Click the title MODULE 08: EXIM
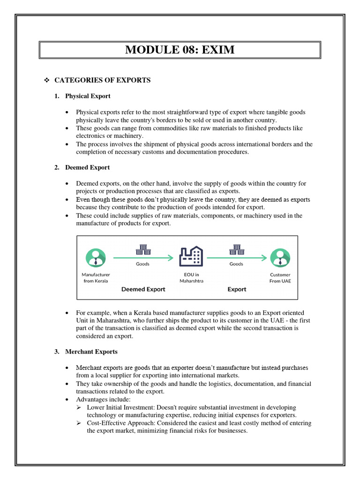click(x=180, y=49)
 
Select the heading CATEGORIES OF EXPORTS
click(x=102, y=80)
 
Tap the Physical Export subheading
click(x=88, y=96)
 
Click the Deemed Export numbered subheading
click(x=87, y=167)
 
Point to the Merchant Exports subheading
click(x=91, y=352)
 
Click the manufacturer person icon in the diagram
click(x=96, y=257)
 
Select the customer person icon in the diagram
click(x=280, y=257)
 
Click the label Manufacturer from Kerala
click(x=96, y=277)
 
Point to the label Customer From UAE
click(x=280, y=277)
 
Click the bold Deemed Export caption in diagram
click(x=143, y=289)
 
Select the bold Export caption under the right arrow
click(x=237, y=289)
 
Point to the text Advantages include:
click(x=103, y=399)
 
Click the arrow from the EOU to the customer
click(x=237, y=257)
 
